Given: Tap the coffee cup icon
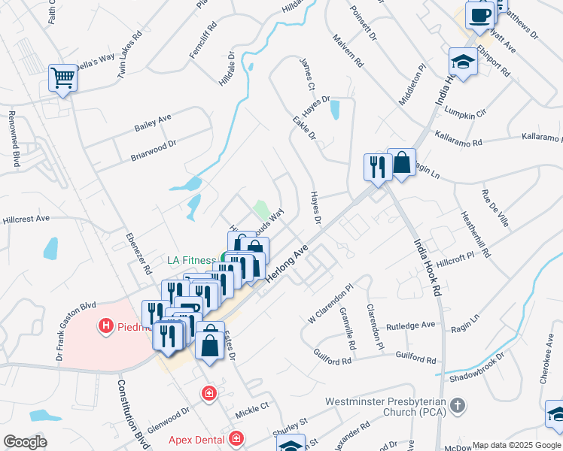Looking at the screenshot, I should tap(479, 15).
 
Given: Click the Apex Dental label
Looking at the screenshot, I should tap(197, 437).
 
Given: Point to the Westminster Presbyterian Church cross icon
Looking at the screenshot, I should tap(457, 407).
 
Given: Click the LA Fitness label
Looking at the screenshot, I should tap(191, 261).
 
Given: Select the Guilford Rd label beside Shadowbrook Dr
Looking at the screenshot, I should tap(415, 360).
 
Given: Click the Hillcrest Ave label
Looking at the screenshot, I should tap(26, 219).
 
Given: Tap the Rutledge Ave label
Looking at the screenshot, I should tap(412, 325).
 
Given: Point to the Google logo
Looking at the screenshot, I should tap(25, 442).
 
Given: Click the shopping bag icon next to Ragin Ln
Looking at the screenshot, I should tap(402, 164).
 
